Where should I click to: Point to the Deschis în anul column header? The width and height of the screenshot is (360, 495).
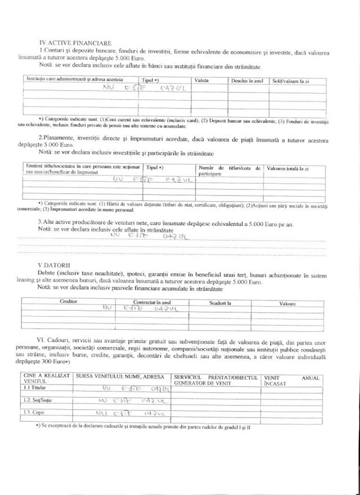(x=247, y=80)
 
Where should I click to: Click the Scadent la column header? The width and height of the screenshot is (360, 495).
(x=220, y=304)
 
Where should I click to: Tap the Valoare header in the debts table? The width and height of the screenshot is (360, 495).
(x=288, y=304)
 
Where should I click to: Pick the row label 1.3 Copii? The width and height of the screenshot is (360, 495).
(x=34, y=413)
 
